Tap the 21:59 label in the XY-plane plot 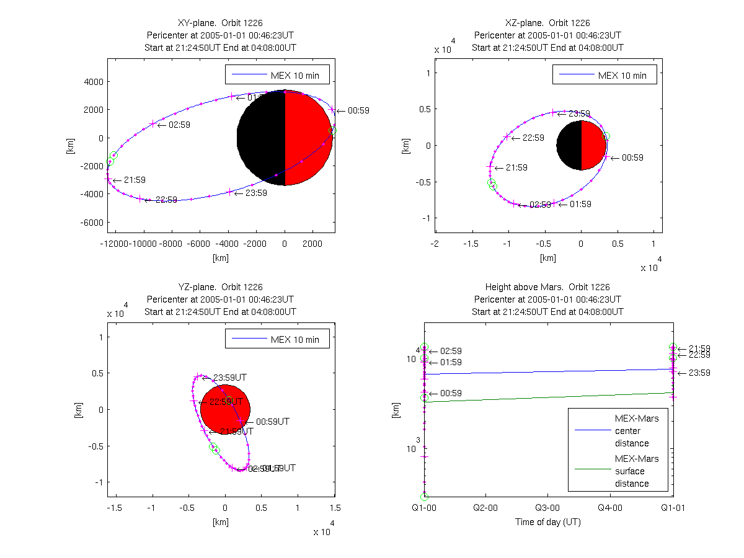tap(134, 180)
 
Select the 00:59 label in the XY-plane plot tap(358, 111)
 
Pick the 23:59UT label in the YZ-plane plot tap(230, 378)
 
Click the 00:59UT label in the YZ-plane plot tap(273, 422)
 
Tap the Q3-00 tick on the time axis tap(547, 507)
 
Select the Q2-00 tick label tap(485, 507)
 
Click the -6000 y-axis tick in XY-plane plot tap(90, 222)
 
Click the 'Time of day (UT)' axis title tap(547, 522)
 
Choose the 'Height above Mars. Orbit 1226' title tap(547, 287)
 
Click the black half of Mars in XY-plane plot tap(260, 138)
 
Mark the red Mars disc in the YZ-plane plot tap(225, 410)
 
